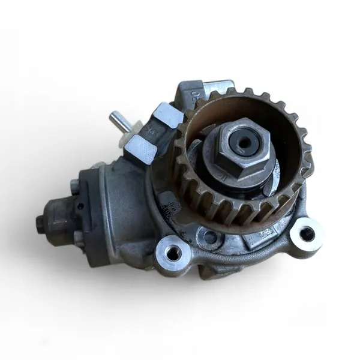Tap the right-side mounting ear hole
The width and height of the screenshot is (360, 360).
(307, 235)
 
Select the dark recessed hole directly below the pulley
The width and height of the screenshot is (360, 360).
(209, 238)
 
